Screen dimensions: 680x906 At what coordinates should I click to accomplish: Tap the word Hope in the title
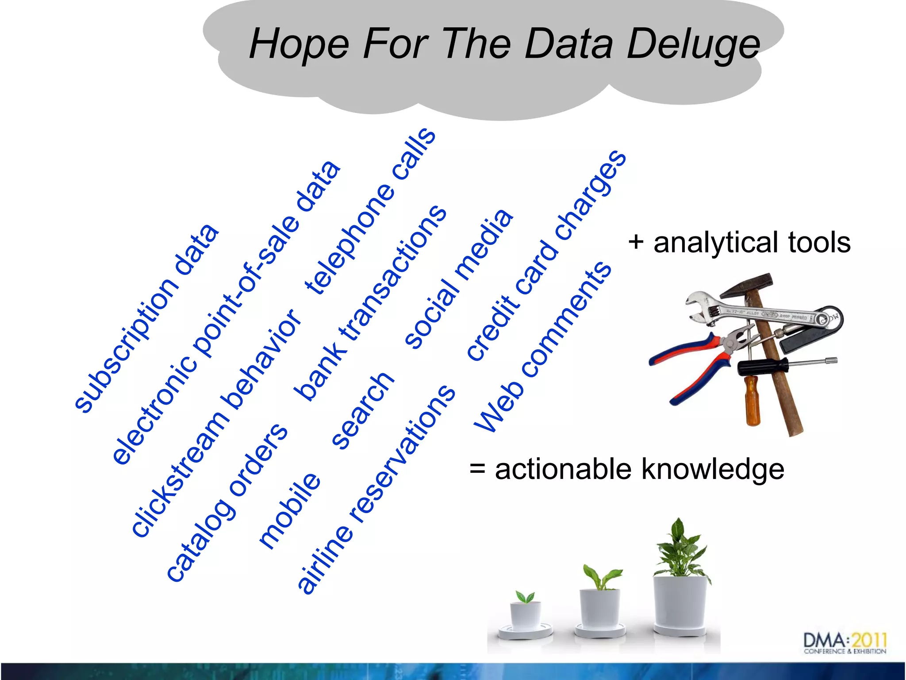(x=299, y=44)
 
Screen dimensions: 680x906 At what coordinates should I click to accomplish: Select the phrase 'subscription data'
(x=146, y=319)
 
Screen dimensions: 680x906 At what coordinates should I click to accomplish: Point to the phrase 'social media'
(x=458, y=279)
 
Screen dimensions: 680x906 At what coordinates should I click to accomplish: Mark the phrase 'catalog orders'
(x=226, y=503)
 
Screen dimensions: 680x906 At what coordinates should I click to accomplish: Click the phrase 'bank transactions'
(x=370, y=303)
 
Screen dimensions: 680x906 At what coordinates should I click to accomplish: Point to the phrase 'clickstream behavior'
(x=216, y=423)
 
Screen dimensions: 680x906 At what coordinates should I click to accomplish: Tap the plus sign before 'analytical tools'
(x=636, y=243)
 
